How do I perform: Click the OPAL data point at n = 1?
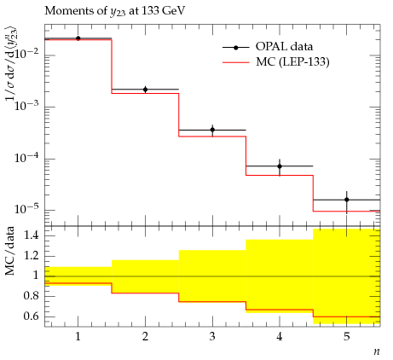tap(78, 38)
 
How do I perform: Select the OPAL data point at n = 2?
tap(145, 90)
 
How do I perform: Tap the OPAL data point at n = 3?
tap(212, 130)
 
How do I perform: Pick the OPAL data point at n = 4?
tap(280, 166)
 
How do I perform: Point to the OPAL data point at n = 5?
tap(347, 200)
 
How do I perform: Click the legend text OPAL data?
tap(284, 47)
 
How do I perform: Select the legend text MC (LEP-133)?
tap(292, 62)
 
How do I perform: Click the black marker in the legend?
tap(235, 48)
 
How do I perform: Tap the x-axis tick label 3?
tap(212, 337)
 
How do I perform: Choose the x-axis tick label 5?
tap(347, 337)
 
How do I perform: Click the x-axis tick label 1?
tap(78, 337)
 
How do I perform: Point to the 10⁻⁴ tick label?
tap(27, 157)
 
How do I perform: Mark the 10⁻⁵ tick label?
tap(27, 209)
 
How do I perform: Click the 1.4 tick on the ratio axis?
tap(31, 236)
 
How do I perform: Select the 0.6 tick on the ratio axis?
tap(31, 316)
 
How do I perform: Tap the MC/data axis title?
tap(10, 251)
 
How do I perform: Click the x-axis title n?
tap(377, 352)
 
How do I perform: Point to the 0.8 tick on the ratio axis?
tap(31, 296)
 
